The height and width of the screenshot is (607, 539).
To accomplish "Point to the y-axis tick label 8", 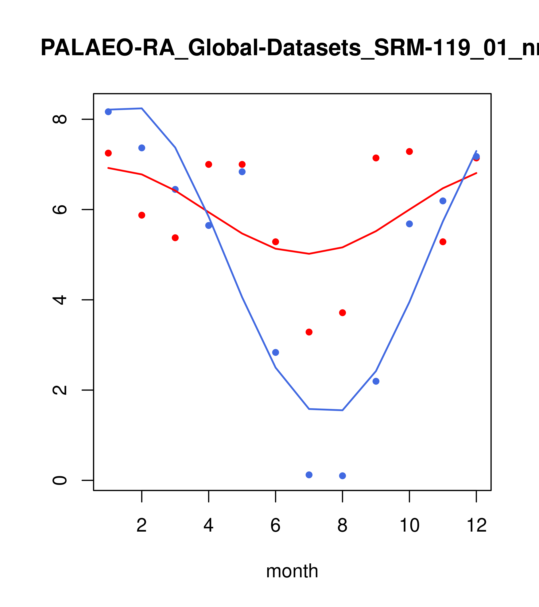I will click(60, 119).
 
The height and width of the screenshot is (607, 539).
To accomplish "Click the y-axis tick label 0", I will click(60, 480).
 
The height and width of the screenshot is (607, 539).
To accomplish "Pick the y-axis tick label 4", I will click(60, 300).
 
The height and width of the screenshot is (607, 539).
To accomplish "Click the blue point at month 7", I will click(309, 475).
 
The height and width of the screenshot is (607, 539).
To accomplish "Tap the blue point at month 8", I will click(342, 476).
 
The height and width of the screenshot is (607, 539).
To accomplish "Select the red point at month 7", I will click(309, 332).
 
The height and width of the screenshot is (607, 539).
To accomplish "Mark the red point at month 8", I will click(342, 313).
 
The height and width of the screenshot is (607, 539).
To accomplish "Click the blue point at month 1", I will click(108, 112).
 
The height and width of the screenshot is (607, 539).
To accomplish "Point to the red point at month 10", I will click(409, 151).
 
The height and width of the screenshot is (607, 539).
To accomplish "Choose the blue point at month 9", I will click(376, 381).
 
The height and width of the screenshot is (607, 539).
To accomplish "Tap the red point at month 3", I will click(175, 238).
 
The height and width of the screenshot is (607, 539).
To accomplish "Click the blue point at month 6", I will click(276, 352).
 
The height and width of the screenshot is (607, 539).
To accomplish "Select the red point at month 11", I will click(443, 242).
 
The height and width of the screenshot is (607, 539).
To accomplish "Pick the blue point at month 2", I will click(142, 148).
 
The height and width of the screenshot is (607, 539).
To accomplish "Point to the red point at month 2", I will click(142, 215).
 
